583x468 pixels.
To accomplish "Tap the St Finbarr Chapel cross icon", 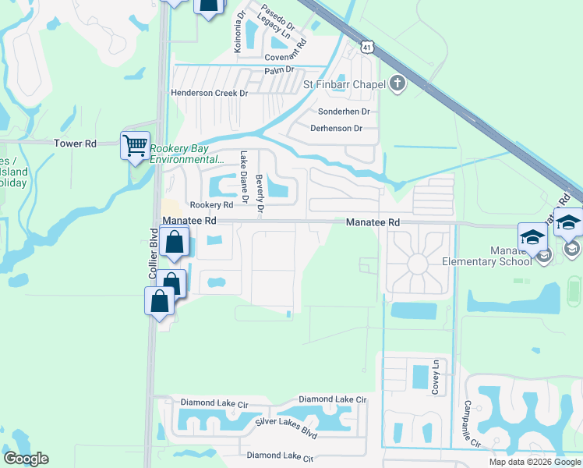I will [397, 83].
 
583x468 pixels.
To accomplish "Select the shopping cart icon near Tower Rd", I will [135, 145].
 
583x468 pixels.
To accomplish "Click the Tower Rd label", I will [75, 144].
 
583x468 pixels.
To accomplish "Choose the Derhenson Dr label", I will [337, 128].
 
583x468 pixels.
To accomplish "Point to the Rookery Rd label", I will [212, 205].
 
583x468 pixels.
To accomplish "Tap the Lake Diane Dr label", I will [244, 177].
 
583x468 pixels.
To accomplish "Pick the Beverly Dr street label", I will [260, 192].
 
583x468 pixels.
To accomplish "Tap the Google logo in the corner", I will [26, 459].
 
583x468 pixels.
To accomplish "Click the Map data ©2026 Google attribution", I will [535, 462].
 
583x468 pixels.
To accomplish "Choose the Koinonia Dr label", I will [238, 26].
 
